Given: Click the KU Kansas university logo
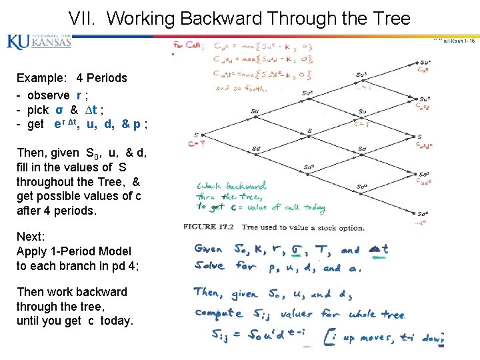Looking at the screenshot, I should [x=39, y=41].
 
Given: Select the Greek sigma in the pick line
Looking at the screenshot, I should [x=59, y=109].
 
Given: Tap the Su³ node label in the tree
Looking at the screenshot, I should [x=361, y=75].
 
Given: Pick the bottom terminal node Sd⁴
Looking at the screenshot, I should [x=421, y=214].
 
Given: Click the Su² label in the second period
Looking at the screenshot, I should [x=307, y=93].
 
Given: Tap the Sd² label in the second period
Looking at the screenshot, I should [x=308, y=167].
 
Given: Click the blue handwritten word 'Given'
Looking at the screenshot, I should [x=209, y=250].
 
